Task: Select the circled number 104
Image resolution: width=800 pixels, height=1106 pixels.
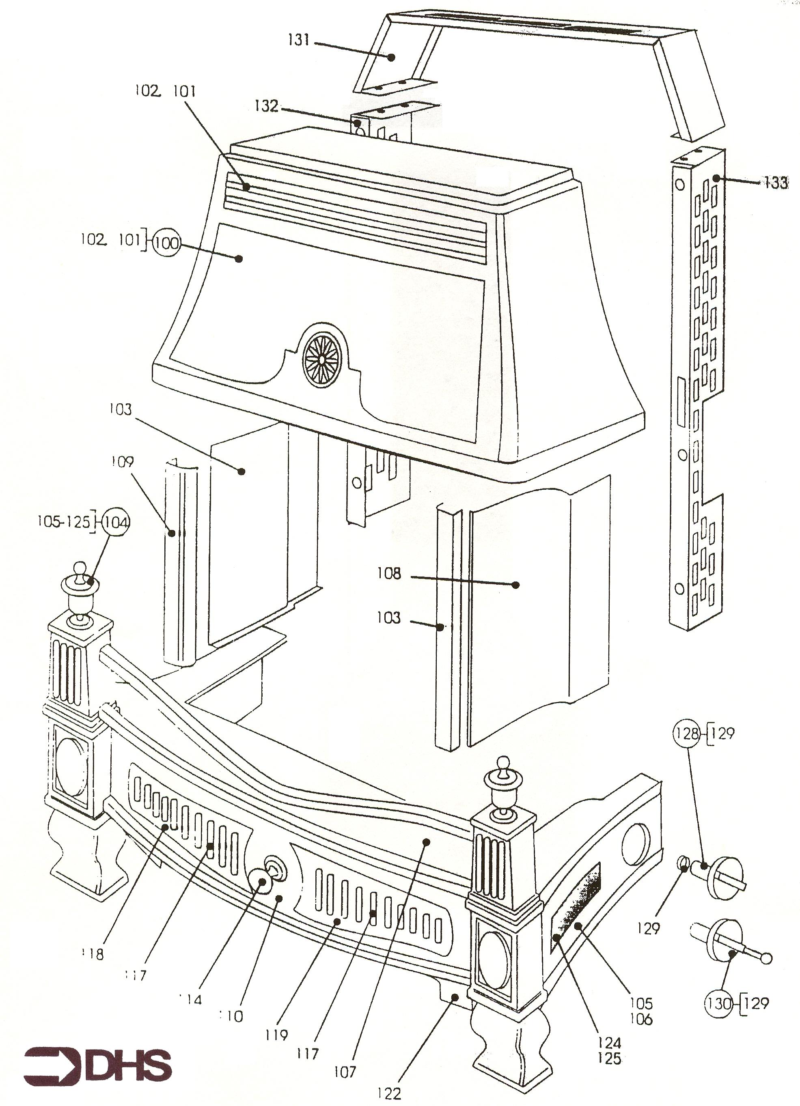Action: (116, 523)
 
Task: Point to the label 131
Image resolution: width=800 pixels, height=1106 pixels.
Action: (299, 40)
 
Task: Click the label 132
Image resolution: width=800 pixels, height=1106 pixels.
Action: (266, 106)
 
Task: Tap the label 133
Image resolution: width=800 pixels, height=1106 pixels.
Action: (776, 183)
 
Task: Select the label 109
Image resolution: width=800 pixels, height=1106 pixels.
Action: (122, 461)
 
